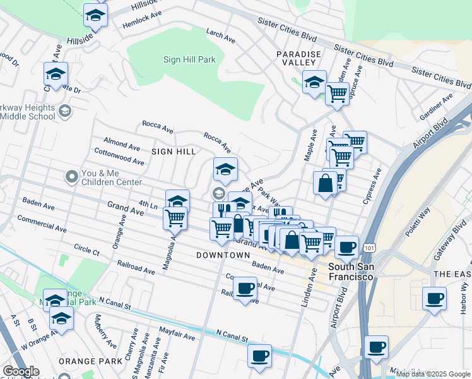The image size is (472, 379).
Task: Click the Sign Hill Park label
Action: (190, 60)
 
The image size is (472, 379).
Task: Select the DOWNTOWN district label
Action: (223, 255)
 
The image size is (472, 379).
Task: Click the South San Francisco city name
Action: (351, 272)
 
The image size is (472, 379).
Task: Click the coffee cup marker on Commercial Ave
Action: (245, 289)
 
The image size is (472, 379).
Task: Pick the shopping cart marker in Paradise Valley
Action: (337, 94)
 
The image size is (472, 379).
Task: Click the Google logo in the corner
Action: (21, 371)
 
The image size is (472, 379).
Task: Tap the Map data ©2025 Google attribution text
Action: (432, 374)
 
